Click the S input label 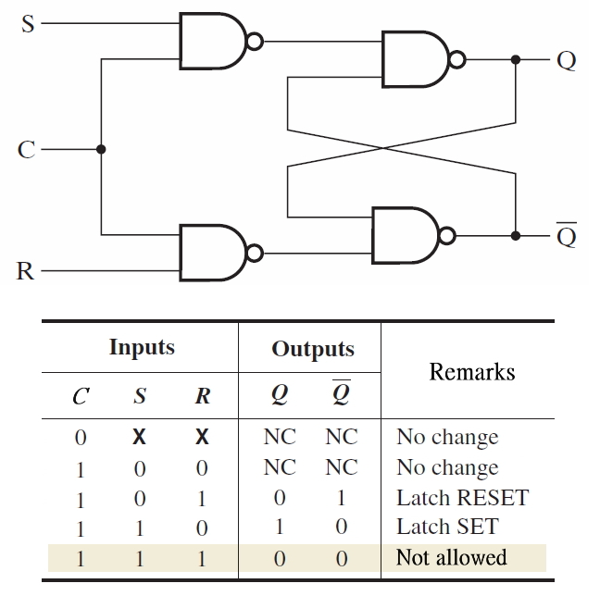28,25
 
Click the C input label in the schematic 27,149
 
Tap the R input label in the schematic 26,271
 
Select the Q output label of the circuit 567,60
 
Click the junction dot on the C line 101,149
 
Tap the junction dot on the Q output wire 516,60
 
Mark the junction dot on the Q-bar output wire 516,235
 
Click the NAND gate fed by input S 214,41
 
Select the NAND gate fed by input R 214,254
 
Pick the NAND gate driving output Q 416,60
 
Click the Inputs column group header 142,347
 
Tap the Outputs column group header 312,349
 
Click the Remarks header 471,372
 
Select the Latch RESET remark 461,497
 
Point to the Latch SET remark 446,527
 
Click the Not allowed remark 451,557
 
